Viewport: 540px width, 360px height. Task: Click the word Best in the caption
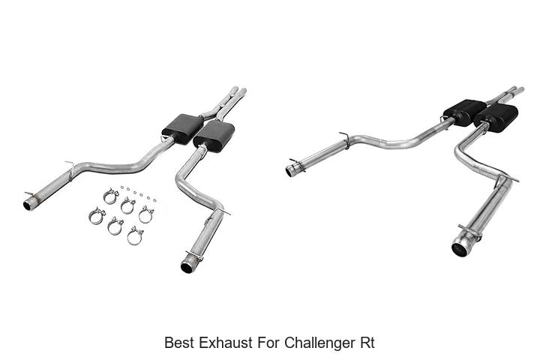coord(178,343)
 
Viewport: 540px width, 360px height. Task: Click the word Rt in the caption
coord(366,343)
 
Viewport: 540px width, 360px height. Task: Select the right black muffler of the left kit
coord(214,136)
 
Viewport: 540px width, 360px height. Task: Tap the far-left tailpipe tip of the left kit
coord(30,203)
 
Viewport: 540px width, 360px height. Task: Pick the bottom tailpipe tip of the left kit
coord(187,266)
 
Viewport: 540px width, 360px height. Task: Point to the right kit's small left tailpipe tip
coord(290,170)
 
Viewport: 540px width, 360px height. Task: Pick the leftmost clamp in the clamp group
coord(97,215)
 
